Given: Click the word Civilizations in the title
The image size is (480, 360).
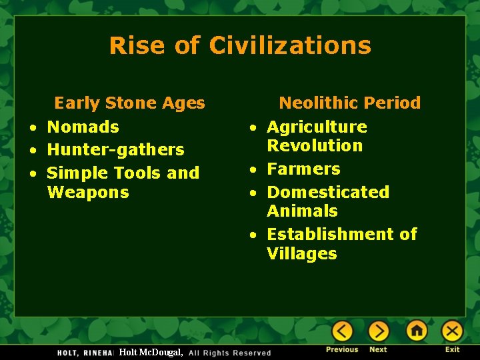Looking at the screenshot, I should pyautogui.click(x=289, y=45).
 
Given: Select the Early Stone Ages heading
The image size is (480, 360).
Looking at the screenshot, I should pyautogui.click(x=129, y=103).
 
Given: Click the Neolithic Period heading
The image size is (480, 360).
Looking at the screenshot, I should pyautogui.click(x=349, y=103).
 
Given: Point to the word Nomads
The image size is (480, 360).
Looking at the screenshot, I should pyautogui.click(x=83, y=127).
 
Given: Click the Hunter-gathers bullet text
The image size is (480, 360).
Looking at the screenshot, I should pyautogui.click(x=115, y=149).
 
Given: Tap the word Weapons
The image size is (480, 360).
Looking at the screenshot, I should pyautogui.click(x=87, y=192).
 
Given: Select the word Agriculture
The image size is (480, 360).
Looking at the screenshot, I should pyautogui.click(x=317, y=127).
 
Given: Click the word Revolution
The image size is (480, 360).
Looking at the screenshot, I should pyautogui.click(x=315, y=145).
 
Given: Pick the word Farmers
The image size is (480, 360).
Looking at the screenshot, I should pyautogui.click(x=303, y=169).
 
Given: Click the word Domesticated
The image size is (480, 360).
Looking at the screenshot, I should pyautogui.click(x=328, y=192).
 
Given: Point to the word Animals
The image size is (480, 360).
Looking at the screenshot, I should pyautogui.click(x=302, y=211).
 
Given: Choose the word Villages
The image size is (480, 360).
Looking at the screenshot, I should pyautogui.click(x=302, y=253).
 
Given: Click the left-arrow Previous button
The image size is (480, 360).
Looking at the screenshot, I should pyautogui.click(x=342, y=331).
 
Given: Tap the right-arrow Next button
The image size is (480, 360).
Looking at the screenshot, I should pyautogui.click(x=378, y=331).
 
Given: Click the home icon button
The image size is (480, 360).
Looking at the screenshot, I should pyautogui.click(x=417, y=331).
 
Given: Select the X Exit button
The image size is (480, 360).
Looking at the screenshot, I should pyautogui.click(x=452, y=331).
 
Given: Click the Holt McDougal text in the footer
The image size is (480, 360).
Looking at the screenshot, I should pyautogui.click(x=150, y=352).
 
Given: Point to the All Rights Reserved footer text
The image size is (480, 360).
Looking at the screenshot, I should pyautogui.click(x=230, y=353).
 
